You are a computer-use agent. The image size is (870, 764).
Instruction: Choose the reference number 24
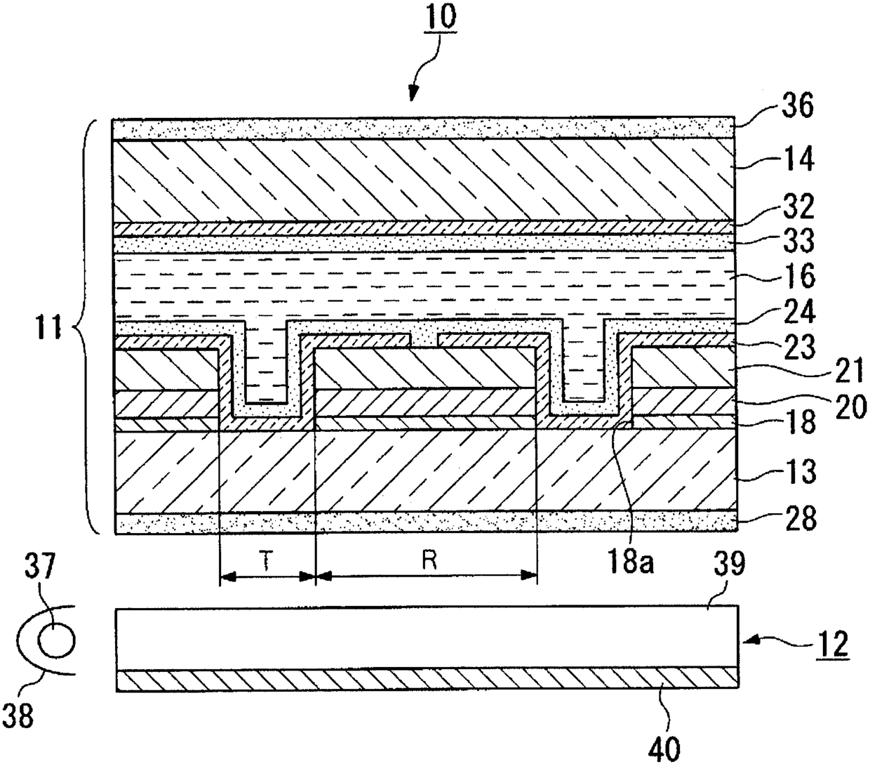click(x=795, y=311)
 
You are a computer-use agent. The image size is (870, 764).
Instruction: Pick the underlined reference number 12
click(x=832, y=643)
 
